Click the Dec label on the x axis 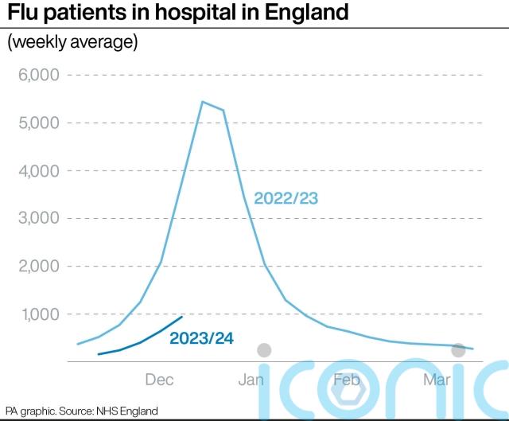[160, 379]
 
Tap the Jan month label [251, 379]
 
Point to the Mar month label [437, 379]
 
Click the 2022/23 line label [286, 198]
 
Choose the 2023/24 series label [201, 338]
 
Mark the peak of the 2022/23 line [203, 102]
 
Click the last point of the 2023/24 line [183, 316]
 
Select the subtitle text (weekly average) [72, 42]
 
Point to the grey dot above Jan [264, 350]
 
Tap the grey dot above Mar [458, 350]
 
